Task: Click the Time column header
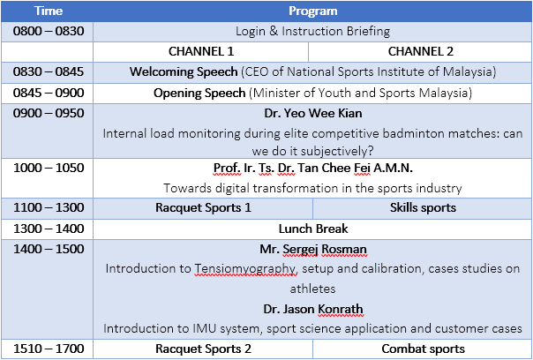click(x=49, y=11)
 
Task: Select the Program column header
click(x=313, y=11)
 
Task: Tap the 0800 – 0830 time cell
click(x=49, y=31)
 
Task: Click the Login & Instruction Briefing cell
click(x=312, y=31)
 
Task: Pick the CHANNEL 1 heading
click(x=201, y=51)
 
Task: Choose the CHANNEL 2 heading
click(x=421, y=51)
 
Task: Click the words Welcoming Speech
click(x=184, y=71)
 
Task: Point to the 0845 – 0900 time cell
click(x=49, y=93)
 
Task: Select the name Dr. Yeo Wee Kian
click(x=313, y=113)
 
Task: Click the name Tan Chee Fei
click(x=334, y=168)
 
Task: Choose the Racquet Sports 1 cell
click(x=203, y=207)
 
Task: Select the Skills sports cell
click(x=423, y=207)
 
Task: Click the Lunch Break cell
click(x=313, y=229)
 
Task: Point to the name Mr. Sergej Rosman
click(x=313, y=249)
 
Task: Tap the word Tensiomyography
click(x=245, y=269)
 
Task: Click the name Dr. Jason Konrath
click(x=313, y=309)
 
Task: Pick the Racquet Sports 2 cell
click(x=203, y=349)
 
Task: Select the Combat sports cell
click(x=423, y=349)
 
